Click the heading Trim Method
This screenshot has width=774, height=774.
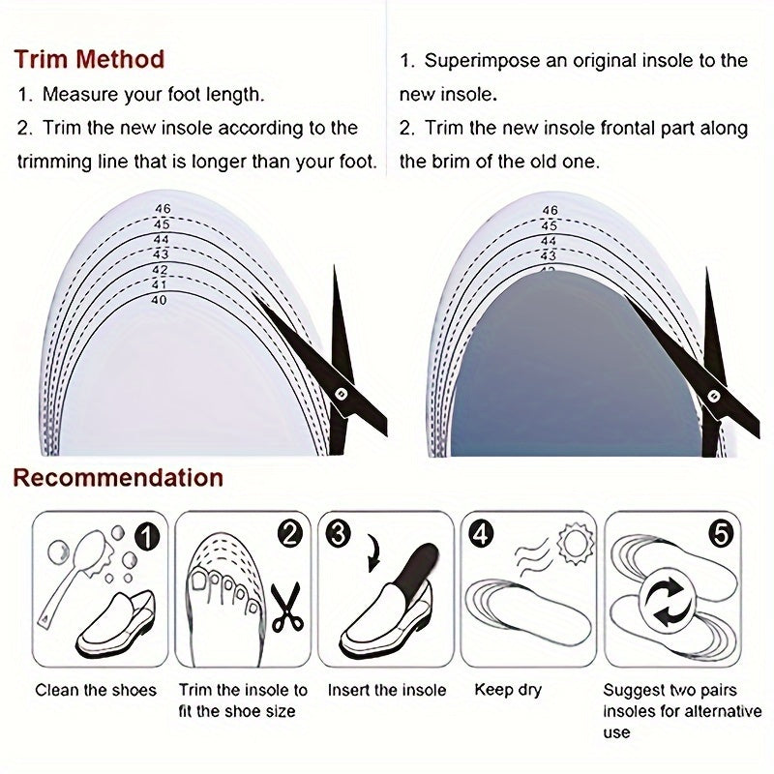89,59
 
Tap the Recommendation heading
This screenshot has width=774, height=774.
118,478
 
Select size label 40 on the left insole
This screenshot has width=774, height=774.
159,300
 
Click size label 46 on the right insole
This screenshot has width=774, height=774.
550,210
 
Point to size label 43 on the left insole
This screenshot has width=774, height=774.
161,254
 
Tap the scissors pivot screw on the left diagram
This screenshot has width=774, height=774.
341,394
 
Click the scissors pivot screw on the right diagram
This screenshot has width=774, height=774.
713,396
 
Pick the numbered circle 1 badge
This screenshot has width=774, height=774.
148,536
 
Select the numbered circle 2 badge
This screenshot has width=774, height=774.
289,534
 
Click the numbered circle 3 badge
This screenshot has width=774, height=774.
338,534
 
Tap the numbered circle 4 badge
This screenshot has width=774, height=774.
481,534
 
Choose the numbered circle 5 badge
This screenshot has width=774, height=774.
721,534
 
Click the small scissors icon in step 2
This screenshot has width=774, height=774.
287,607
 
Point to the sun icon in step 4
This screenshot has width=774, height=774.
575,544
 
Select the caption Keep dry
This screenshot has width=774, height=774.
508,690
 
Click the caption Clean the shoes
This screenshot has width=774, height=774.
96,690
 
